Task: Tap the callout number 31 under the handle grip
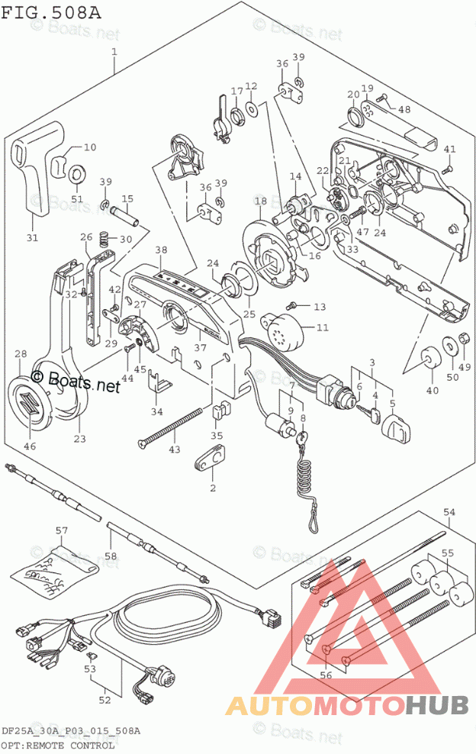coord(31,237)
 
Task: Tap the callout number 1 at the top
coord(114,53)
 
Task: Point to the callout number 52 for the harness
coord(104,698)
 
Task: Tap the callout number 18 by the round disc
coord(260,201)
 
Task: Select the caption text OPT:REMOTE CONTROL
coord(58,745)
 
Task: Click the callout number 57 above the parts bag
coord(61,530)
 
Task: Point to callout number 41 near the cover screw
coord(450,149)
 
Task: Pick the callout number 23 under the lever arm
coord(80,438)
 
